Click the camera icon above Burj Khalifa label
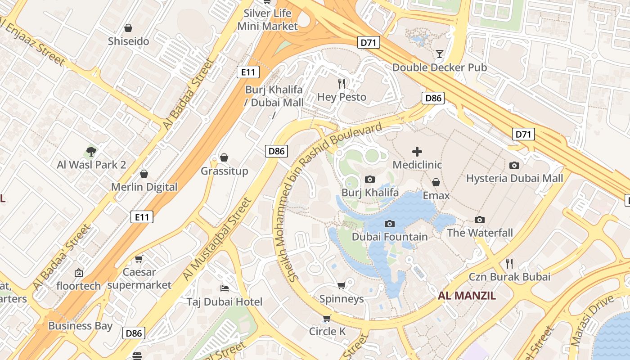370,180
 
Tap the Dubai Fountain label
390,237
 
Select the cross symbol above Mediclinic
417,152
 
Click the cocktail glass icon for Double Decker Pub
440,54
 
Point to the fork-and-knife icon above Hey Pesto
342,83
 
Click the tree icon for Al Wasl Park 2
91,151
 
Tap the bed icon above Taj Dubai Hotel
225,288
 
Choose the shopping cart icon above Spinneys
342,286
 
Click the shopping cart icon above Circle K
327,319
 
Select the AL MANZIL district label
467,296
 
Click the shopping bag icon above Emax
436,182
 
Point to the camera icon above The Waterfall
480,220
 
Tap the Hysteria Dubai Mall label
514,178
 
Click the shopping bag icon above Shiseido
128,28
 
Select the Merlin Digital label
144,187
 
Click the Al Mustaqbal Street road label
216,239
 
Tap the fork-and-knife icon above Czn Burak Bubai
509,263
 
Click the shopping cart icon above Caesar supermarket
139,259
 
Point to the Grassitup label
224,171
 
